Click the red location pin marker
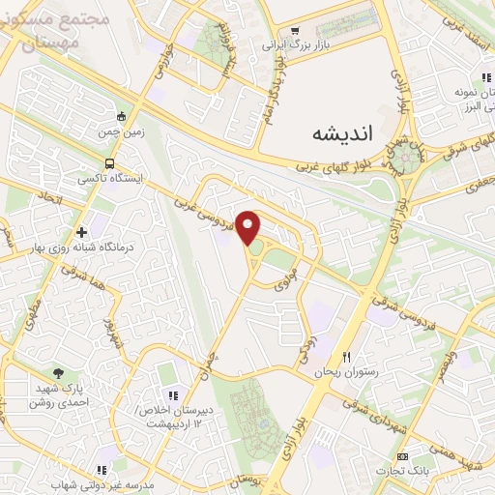click(249, 227)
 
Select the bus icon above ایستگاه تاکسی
click(109, 163)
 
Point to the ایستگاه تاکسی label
click(109, 180)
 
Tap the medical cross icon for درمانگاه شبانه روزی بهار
click(81, 232)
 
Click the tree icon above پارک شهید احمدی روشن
click(60, 372)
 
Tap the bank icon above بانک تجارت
click(403, 455)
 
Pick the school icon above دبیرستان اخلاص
click(173, 395)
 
